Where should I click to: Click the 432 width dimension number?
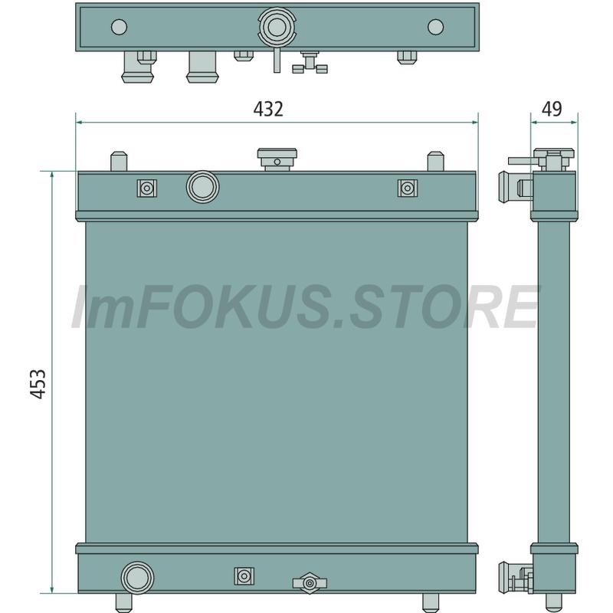click(x=268, y=109)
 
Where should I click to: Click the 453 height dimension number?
click(x=38, y=384)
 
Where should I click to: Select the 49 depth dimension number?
click(x=552, y=109)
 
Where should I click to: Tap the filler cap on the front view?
click(x=277, y=159)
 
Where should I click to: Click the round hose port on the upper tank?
click(x=202, y=187)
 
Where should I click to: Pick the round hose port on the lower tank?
click(x=137, y=578)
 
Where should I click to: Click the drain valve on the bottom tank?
click(x=310, y=583)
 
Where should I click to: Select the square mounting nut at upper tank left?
click(x=147, y=188)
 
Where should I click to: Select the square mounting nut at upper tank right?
click(x=408, y=188)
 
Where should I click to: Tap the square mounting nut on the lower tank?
click(x=244, y=576)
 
